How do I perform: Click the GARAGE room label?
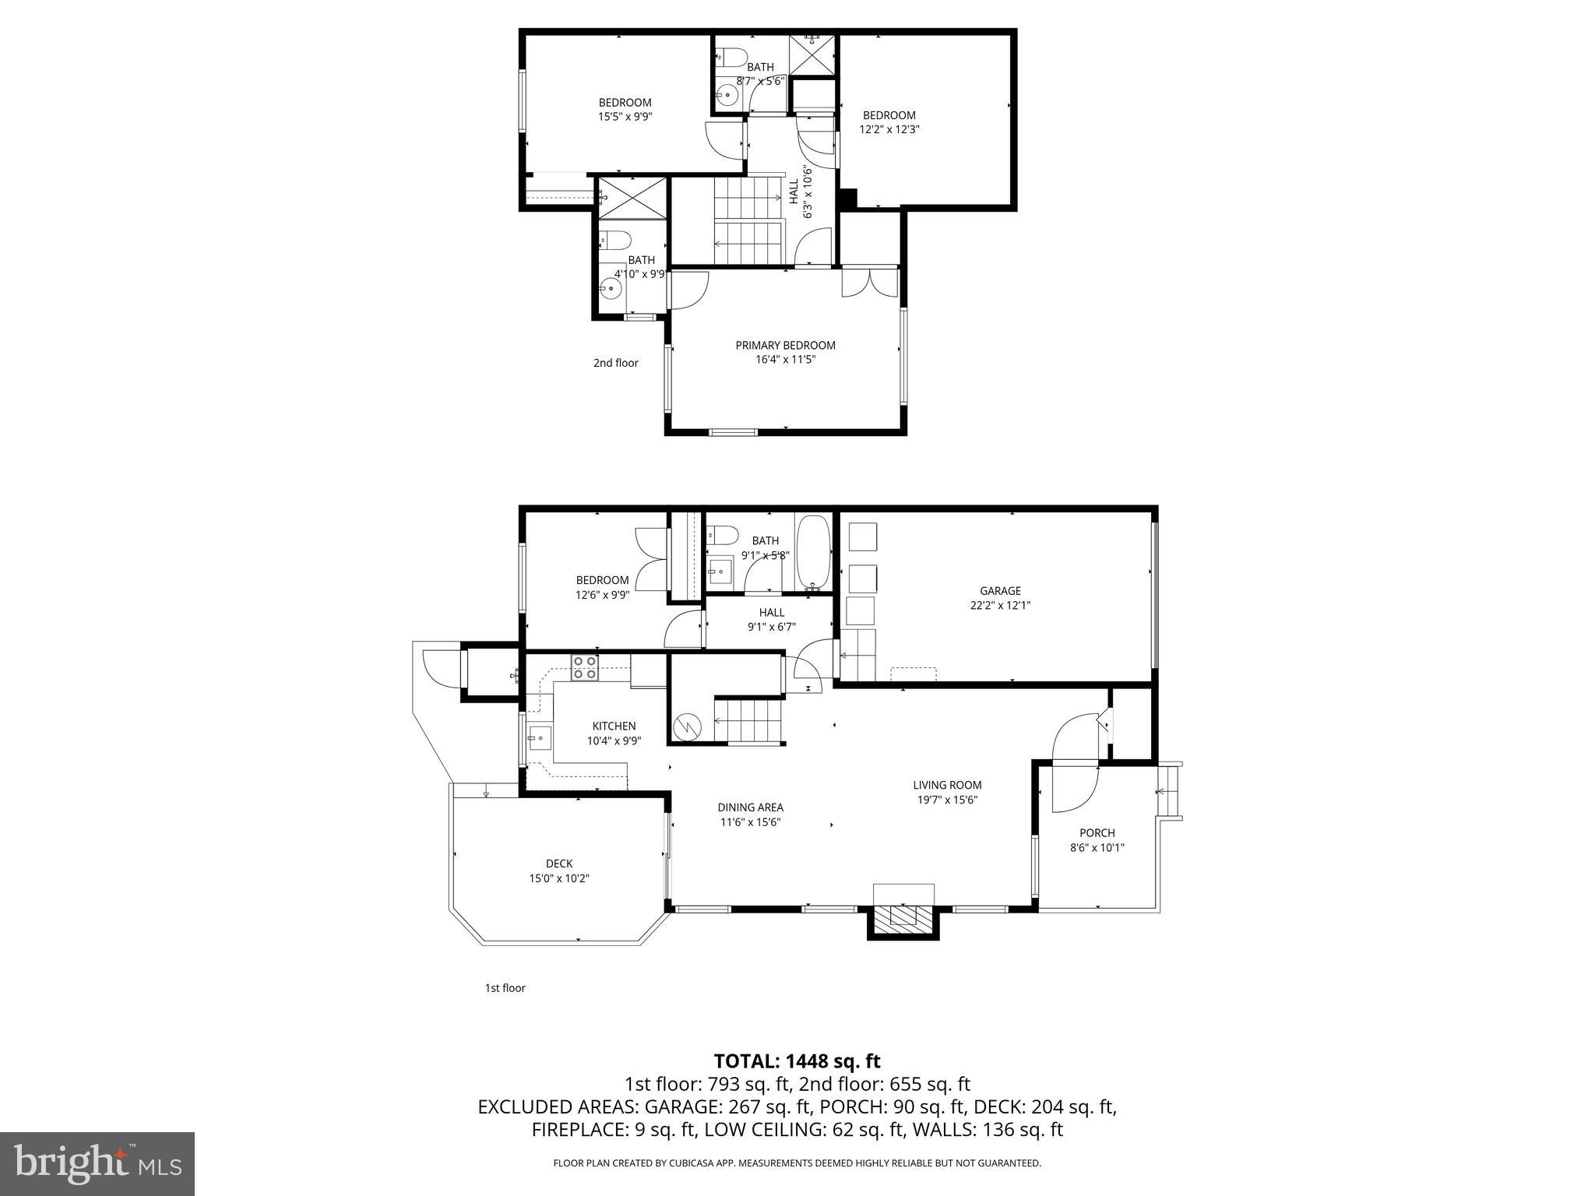[1000, 591]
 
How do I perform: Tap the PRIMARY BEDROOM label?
[785, 346]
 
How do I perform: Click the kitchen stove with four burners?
[585, 668]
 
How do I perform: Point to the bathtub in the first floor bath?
[814, 552]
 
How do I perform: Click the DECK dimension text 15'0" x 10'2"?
[558, 878]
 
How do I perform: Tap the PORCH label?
[1097, 833]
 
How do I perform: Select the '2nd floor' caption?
[615, 363]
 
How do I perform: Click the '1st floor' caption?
[505, 988]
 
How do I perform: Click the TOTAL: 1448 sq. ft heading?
[797, 1061]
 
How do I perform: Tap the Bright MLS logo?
[97, 1163]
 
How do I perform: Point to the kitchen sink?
[538, 736]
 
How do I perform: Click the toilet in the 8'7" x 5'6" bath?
[731, 56]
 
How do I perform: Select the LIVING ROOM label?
[947, 786]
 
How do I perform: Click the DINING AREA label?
[750, 807]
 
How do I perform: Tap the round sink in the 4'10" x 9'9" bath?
[611, 289]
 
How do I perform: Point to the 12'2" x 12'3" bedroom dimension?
[889, 130]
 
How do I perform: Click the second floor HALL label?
[794, 192]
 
